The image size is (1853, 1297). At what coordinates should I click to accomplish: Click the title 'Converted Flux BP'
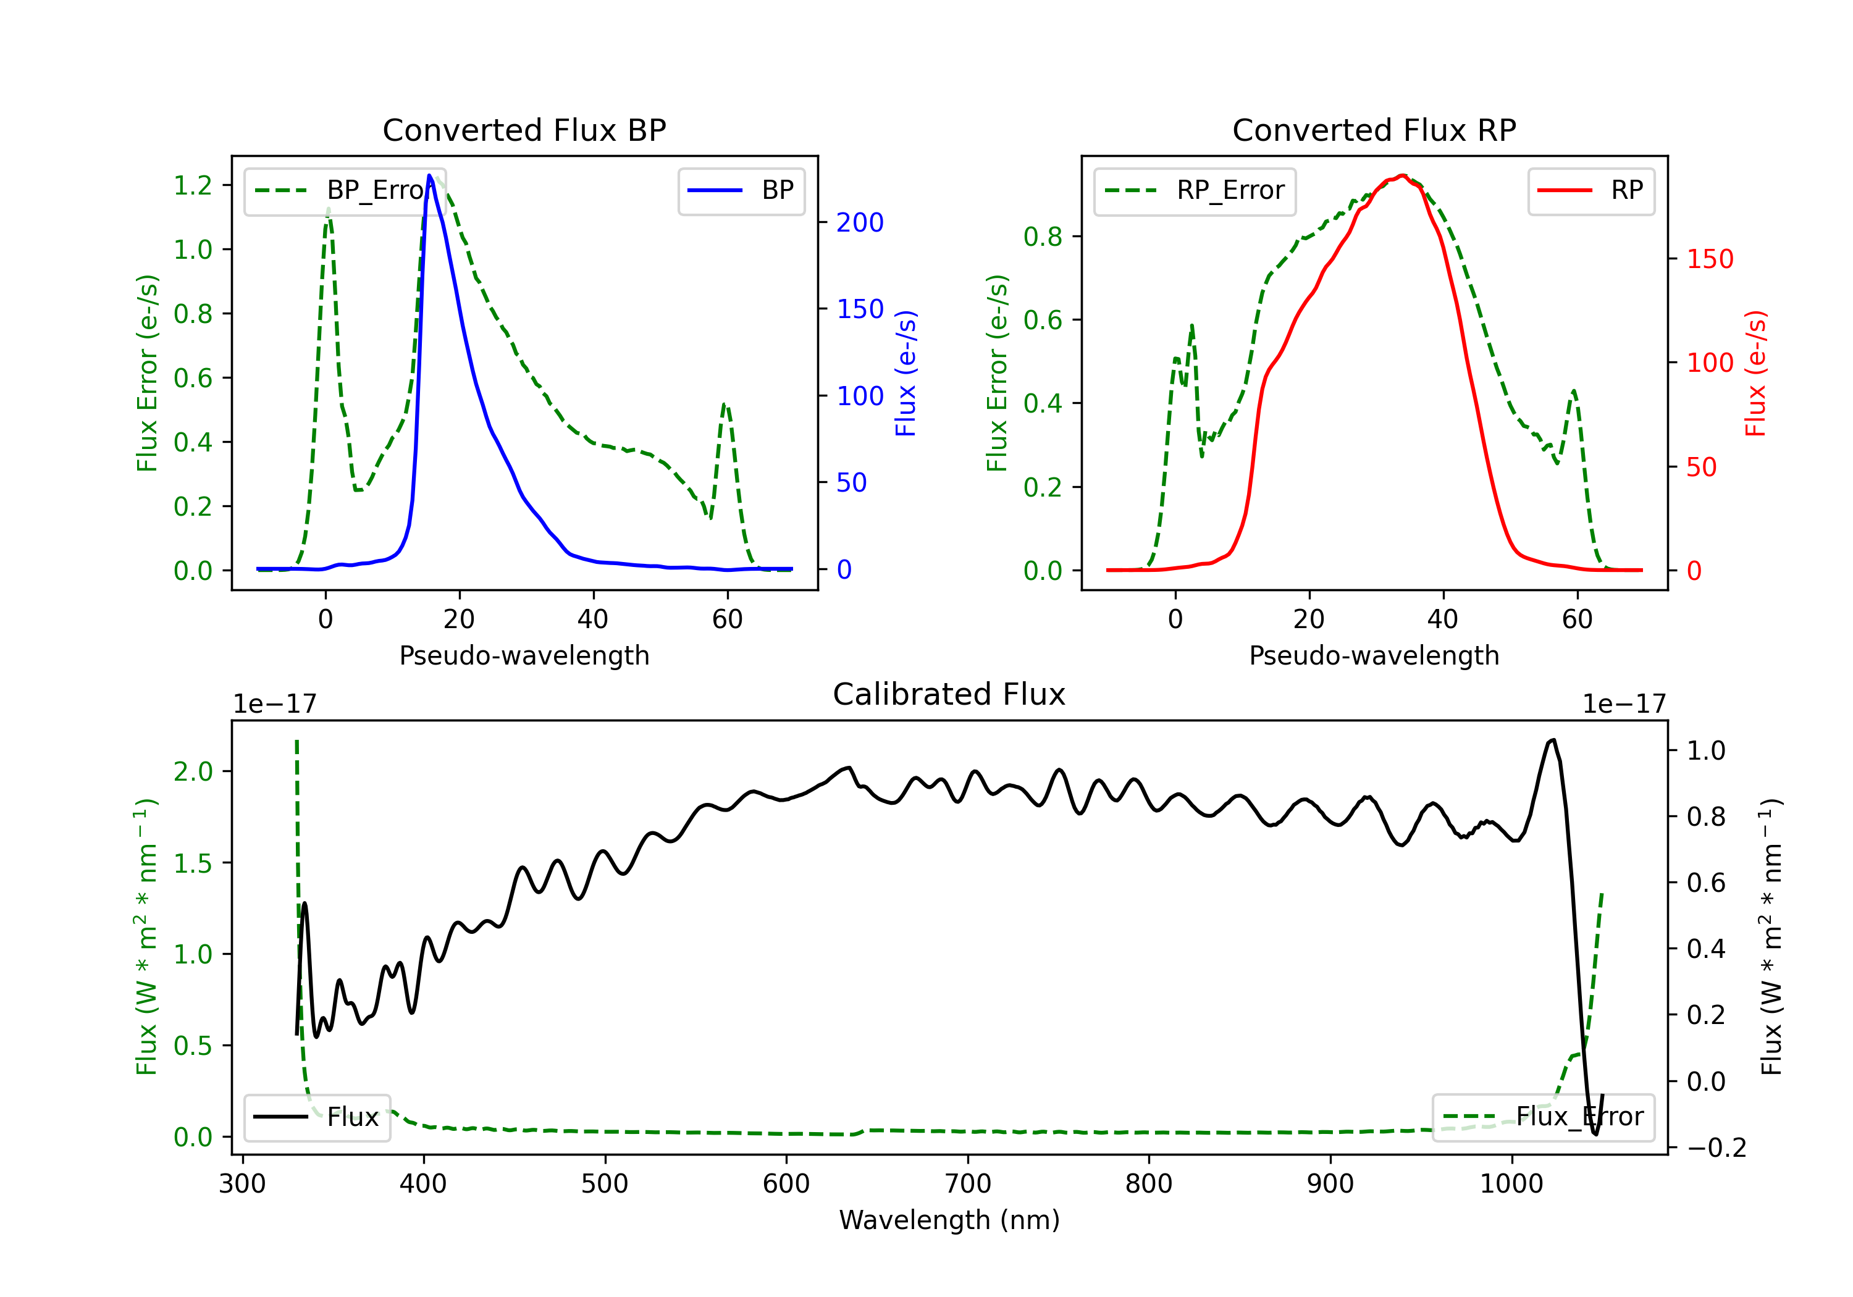(524, 130)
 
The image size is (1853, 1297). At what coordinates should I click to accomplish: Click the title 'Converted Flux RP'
(1374, 130)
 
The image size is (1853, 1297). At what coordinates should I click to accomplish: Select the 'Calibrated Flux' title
(949, 694)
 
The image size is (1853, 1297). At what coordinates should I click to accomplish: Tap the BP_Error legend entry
(345, 190)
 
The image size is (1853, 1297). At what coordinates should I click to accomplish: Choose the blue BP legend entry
(741, 190)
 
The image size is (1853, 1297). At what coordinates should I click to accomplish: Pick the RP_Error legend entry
(1195, 190)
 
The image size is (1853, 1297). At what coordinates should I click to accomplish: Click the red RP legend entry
(1590, 190)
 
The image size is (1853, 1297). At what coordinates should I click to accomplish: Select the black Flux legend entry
(316, 1117)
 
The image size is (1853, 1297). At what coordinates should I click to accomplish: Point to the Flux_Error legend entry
(1543, 1117)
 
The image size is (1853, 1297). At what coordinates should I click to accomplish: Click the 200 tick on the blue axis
(860, 222)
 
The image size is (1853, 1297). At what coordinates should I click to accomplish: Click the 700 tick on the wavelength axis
(968, 1183)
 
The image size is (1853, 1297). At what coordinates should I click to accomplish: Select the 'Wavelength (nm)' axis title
(949, 1220)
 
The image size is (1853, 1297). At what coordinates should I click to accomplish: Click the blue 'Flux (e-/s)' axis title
(905, 373)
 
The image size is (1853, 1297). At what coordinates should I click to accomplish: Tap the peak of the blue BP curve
(429, 175)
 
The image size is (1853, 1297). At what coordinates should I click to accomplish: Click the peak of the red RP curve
(1403, 175)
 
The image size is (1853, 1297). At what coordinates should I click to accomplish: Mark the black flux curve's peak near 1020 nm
(1553, 739)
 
